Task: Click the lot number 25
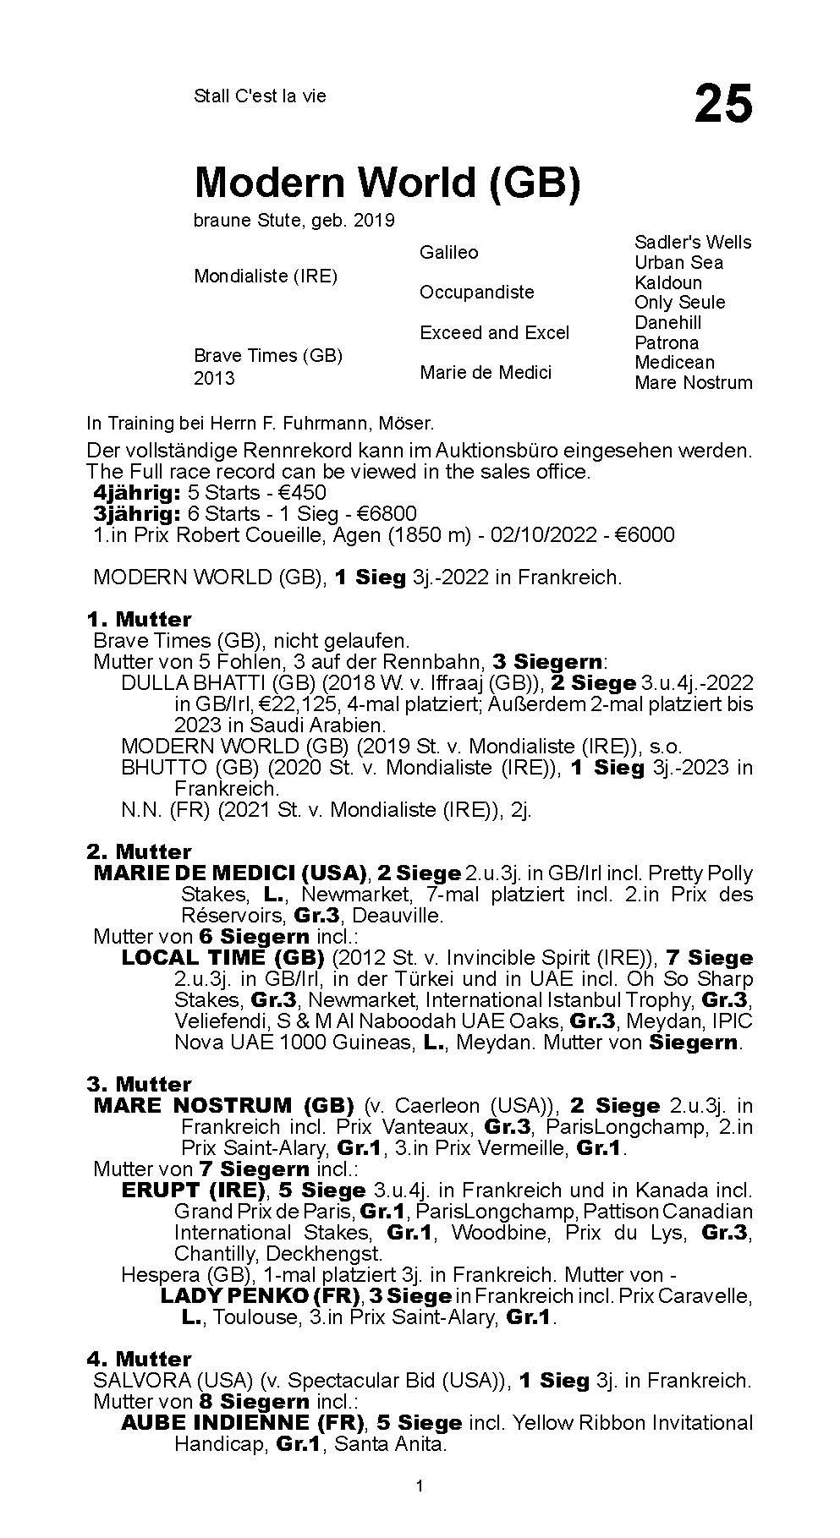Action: click(722, 104)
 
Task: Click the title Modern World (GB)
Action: click(387, 182)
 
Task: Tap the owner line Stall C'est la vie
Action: click(260, 96)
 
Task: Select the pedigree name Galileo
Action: click(448, 252)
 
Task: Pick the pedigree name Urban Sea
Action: click(678, 262)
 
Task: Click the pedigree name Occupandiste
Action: click(476, 292)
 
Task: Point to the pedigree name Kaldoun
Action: click(667, 282)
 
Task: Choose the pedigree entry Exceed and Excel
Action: click(494, 332)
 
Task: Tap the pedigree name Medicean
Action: click(674, 362)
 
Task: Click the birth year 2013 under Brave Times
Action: click(214, 378)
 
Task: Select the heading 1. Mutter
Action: click(139, 619)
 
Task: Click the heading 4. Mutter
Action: click(139, 1359)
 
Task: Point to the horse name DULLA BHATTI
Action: click(187, 682)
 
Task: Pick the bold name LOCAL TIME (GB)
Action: click(222, 957)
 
